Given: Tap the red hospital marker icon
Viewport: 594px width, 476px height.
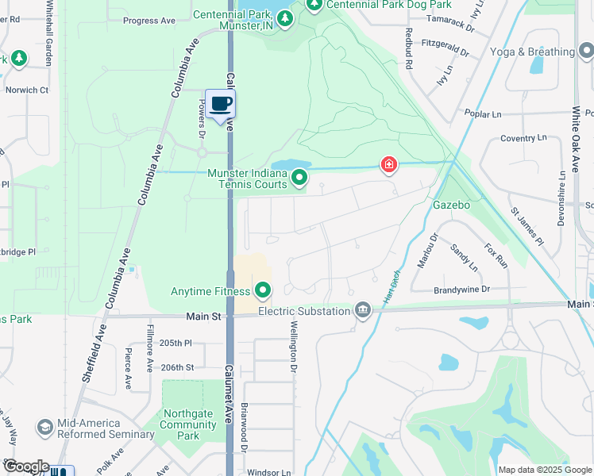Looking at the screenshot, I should (389, 165).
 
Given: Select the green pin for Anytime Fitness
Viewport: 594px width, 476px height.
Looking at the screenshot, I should (263, 290).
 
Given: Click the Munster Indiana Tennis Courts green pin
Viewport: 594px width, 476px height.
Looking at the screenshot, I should (299, 178).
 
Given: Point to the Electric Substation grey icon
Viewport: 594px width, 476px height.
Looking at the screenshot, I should (363, 309).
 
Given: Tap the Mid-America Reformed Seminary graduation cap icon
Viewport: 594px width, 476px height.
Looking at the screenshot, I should (45, 427).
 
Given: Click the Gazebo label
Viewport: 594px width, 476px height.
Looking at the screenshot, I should (452, 205).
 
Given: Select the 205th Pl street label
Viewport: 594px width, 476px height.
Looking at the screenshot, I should (176, 343).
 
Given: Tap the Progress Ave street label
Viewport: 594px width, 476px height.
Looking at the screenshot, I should (148, 21).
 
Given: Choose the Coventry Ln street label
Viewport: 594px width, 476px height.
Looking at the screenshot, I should (524, 138).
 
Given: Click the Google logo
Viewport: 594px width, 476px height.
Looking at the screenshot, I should (25, 466).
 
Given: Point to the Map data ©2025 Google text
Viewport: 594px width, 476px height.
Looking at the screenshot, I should (546, 470).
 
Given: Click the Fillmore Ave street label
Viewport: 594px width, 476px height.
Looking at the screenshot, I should (149, 347).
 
